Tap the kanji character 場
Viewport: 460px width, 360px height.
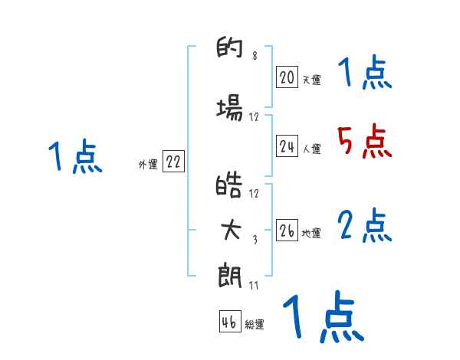pos(230,110)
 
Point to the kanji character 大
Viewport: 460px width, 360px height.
pos(230,231)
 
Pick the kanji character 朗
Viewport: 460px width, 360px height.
pos(230,275)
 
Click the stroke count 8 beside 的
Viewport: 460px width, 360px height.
pos(255,56)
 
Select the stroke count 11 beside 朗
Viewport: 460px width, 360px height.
pos(255,286)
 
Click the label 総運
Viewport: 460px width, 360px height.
pos(255,325)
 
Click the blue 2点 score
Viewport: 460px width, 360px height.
pos(364,225)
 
